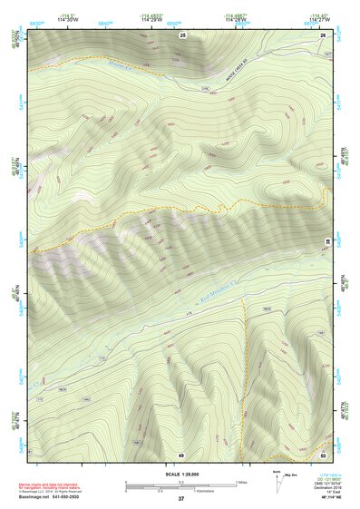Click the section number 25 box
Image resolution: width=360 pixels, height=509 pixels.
(182, 34)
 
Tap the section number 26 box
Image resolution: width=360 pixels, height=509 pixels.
(324, 34)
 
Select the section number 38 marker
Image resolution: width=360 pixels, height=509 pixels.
(327, 240)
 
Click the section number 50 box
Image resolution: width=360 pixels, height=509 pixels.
(324, 454)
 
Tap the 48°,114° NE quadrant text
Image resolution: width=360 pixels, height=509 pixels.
(326, 498)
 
